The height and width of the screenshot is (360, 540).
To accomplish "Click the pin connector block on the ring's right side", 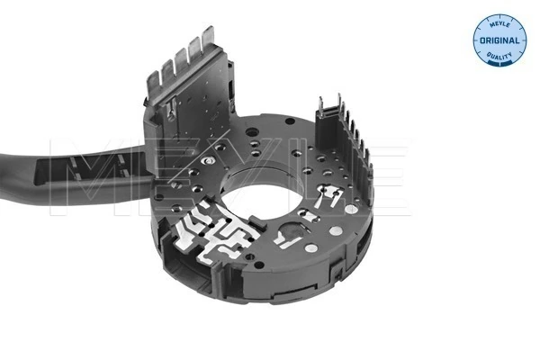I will pos(346,144).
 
